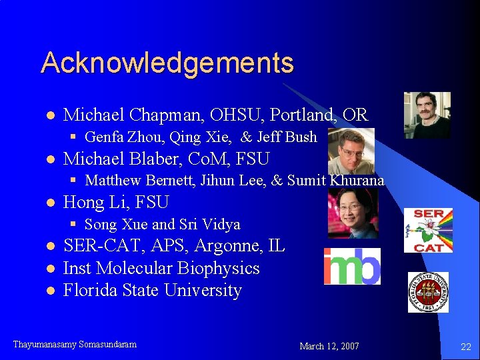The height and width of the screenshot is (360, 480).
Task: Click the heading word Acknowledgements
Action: [x=167, y=63]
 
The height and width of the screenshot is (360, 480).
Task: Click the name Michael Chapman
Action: [x=119, y=115]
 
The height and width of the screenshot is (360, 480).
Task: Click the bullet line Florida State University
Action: [x=152, y=290]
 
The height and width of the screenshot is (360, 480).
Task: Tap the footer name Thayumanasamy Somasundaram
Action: [x=75, y=345]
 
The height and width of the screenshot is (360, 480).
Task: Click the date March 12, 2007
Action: [x=329, y=346]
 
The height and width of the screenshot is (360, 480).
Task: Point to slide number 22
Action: [x=465, y=346]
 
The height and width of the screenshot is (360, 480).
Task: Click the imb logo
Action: [x=352, y=266]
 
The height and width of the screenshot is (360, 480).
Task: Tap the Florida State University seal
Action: [x=428, y=292]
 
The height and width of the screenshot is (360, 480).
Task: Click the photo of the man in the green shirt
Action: [x=427, y=115]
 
